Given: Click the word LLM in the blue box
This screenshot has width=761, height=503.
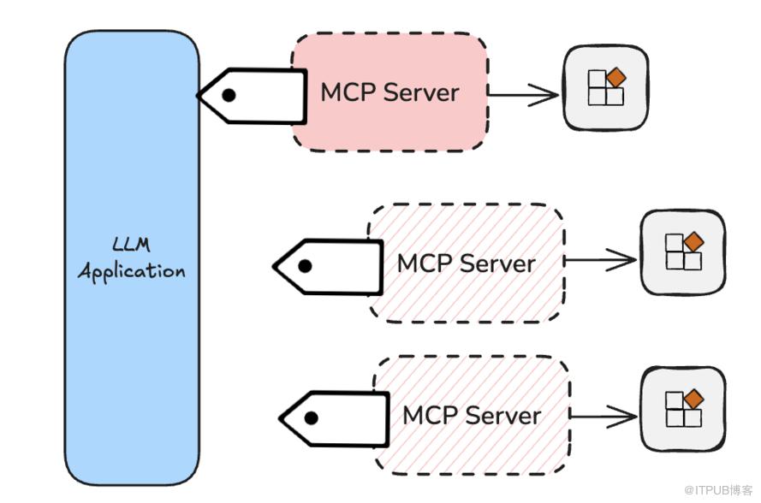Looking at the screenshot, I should point(130,246).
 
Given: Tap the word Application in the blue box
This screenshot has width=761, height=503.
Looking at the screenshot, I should point(131,272).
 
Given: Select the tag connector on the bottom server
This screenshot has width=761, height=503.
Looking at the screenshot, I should point(334,418).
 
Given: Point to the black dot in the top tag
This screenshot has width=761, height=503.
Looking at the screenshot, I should point(229,95).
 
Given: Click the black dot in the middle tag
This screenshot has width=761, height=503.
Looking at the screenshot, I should point(304,265).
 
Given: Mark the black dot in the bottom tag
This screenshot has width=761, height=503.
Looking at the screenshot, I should point(311,418).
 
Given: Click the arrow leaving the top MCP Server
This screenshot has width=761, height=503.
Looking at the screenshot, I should point(523,95).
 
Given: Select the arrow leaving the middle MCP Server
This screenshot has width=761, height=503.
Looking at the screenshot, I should point(601,260).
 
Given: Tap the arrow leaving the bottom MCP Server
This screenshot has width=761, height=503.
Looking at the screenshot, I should point(603,416).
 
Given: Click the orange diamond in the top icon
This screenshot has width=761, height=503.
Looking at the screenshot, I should point(616,78).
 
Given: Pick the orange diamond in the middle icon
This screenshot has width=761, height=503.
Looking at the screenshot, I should point(694,242).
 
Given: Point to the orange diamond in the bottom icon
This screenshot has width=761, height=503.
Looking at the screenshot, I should point(694,399).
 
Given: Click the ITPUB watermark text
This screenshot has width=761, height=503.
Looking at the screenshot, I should point(719,488).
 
